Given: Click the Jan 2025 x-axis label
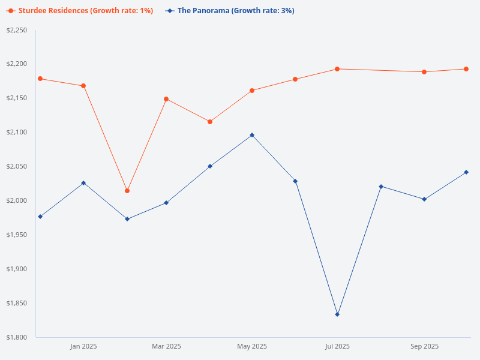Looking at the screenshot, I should pyautogui.click(x=83, y=346).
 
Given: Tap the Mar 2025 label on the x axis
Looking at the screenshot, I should pyautogui.click(x=166, y=346).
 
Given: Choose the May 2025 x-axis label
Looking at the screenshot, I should pyautogui.click(x=252, y=346).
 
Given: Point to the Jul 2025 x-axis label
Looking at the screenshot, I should pyautogui.click(x=337, y=346).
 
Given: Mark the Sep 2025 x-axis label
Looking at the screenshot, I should pyautogui.click(x=424, y=346).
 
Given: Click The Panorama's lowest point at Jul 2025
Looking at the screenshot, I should pyautogui.click(x=337, y=314).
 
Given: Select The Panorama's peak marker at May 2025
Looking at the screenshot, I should pyautogui.click(x=252, y=135).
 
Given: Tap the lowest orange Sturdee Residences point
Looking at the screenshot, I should pyautogui.click(x=127, y=191).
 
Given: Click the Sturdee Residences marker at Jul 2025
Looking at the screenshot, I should pyautogui.click(x=337, y=69).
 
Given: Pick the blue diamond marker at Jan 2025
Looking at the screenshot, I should pyautogui.click(x=83, y=183).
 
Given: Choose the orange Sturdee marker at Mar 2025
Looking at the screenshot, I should pyautogui.click(x=166, y=99).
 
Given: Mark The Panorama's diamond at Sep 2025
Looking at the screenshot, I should pyautogui.click(x=424, y=199).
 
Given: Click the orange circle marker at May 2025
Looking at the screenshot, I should pyautogui.click(x=252, y=91).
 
